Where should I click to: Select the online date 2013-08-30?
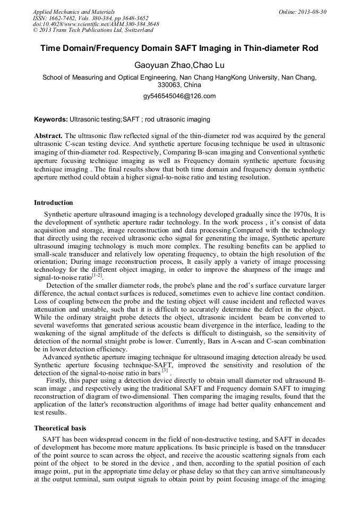click(311, 11)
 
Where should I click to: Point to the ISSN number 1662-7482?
click(64, 18)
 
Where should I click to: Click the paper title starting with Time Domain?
click(179, 48)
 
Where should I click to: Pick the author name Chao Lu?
click(201, 65)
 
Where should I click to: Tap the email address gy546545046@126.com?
click(179, 96)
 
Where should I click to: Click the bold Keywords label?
click(51, 119)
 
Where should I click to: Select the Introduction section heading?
click(54, 203)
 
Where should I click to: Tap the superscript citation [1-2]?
click(97, 275)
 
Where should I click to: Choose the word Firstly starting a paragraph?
click(57, 381)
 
